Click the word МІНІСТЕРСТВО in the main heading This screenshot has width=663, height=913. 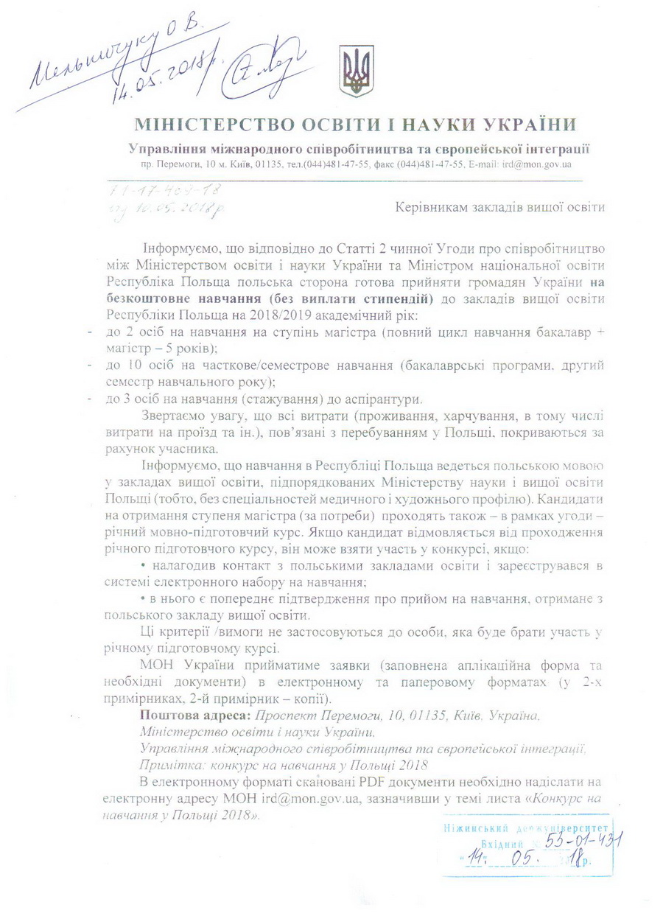[206, 124]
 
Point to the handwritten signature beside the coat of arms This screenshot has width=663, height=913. [273, 67]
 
